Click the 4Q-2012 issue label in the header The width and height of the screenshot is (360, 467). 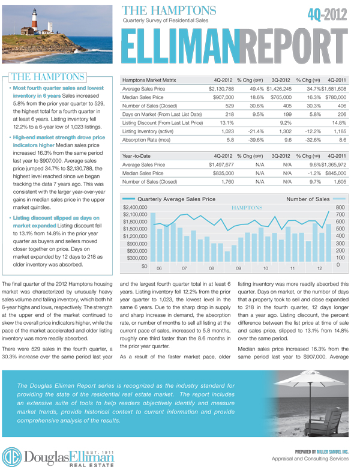click(327, 15)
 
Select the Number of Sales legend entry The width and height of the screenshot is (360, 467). click(308, 199)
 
